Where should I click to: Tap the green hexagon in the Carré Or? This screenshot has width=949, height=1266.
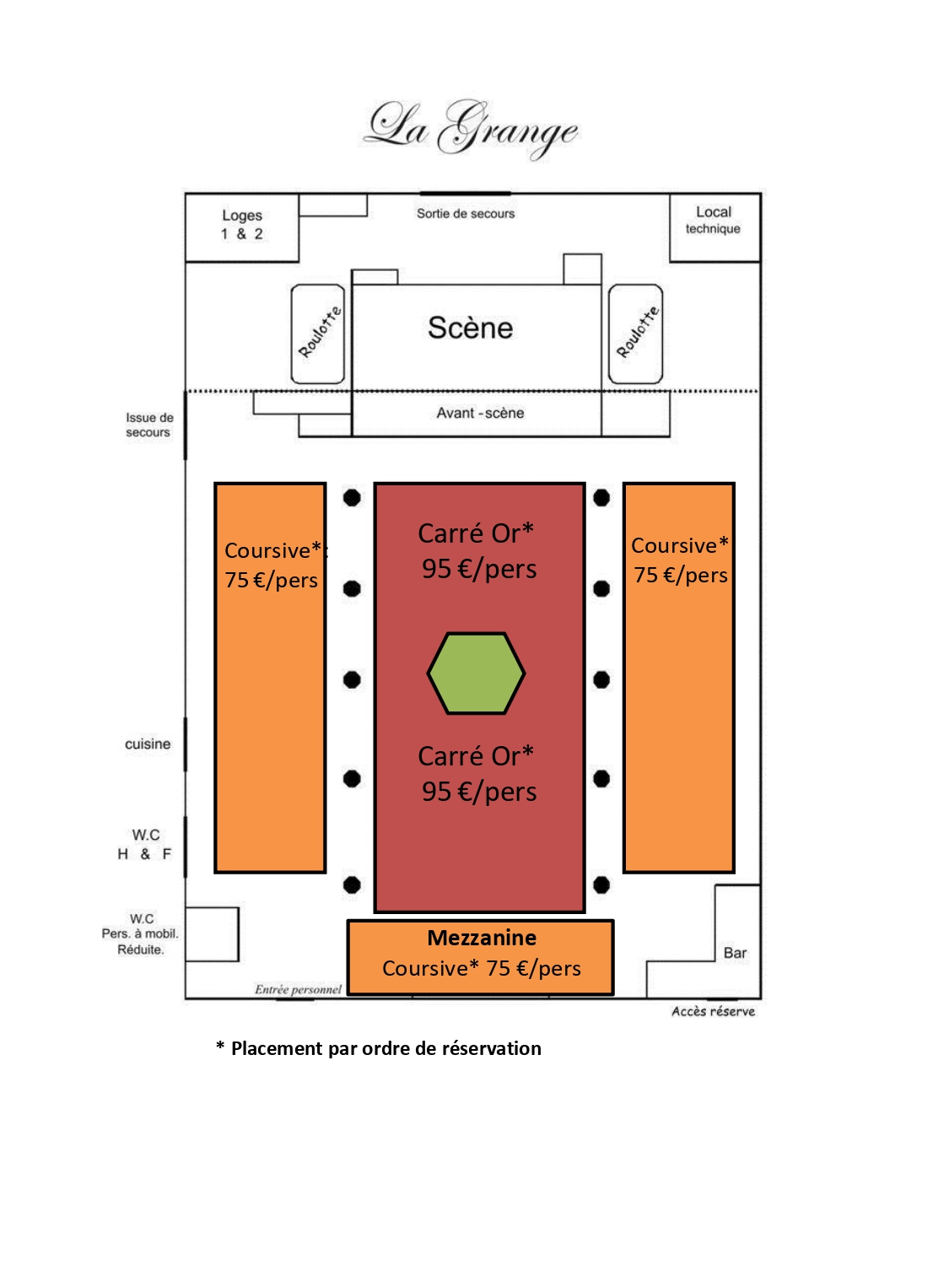476,674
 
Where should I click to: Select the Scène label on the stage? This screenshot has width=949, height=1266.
470,327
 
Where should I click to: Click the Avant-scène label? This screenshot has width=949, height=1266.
480,413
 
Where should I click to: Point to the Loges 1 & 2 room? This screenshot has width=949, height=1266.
242,225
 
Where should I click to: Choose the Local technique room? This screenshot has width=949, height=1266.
714,220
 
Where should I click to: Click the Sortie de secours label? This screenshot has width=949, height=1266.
466,214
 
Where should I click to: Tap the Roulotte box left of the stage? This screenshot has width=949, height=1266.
318,333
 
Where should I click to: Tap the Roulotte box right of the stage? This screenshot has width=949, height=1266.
636,333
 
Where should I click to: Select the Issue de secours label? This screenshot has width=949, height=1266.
149,425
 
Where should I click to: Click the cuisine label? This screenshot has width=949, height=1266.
148,744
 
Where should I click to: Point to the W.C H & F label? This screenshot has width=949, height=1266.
145,845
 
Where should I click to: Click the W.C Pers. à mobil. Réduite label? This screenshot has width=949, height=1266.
141,934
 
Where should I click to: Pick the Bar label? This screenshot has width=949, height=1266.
735,953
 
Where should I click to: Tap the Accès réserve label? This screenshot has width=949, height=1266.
713,1011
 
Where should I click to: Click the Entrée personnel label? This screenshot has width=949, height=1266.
299,989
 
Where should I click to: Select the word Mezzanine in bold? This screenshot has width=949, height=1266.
482,938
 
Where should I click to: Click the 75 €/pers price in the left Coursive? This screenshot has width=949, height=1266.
271,581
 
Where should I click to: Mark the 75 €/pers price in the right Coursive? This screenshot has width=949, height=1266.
681,576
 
